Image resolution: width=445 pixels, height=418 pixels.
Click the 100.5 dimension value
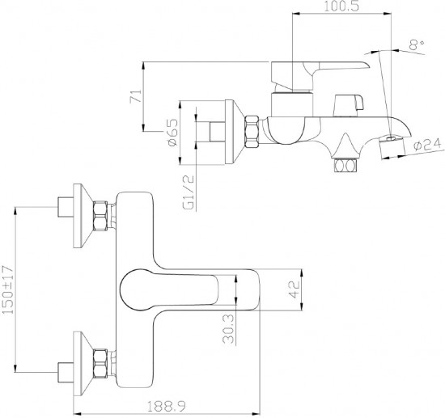(341, 6)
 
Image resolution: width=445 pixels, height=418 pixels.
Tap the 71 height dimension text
(135, 96)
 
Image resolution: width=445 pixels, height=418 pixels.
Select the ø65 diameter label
(173, 132)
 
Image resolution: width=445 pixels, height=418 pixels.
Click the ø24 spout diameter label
(428, 146)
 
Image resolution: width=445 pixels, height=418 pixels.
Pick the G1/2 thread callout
(189, 192)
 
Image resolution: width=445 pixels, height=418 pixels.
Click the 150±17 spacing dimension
(8, 289)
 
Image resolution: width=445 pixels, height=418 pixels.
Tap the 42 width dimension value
(295, 289)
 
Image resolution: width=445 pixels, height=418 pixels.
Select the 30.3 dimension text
(229, 329)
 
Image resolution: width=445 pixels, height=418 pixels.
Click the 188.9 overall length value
(167, 407)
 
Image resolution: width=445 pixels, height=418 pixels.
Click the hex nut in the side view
(252, 132)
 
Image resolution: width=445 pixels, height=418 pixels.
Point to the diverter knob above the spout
(349, 105)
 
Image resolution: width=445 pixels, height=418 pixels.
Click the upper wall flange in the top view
(83, 216)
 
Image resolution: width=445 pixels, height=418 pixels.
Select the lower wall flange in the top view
(83, 363)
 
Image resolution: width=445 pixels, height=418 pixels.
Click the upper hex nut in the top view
(100, 216)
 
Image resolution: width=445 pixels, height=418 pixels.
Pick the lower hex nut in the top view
(100, 363)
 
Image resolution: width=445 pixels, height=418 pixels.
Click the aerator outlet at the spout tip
(392, 147)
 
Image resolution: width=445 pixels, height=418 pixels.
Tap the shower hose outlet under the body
(345, 166)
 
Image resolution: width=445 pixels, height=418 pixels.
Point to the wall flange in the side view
(235, 132)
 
